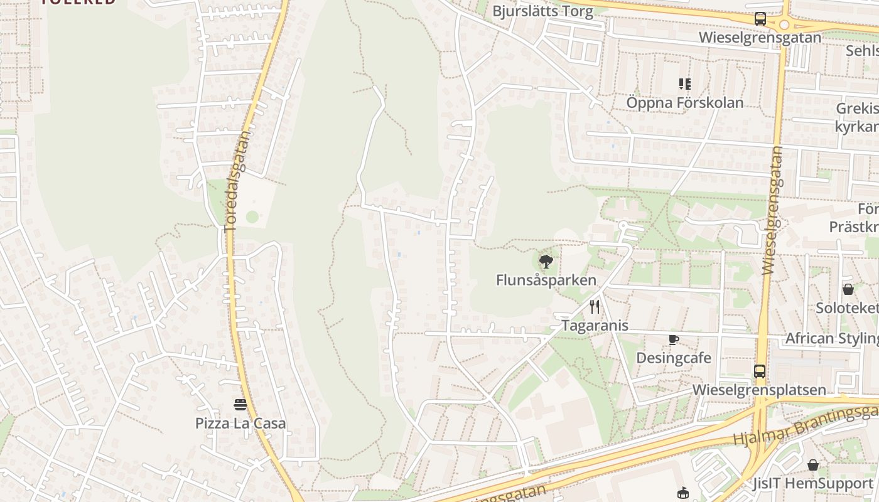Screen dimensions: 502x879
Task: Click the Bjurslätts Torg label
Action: coord(542,11)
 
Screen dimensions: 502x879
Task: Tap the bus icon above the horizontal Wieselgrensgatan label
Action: coord(760,19)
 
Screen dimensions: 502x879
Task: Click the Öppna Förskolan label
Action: coord(684,102)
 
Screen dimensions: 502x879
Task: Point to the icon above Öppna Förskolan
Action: coord(684,83)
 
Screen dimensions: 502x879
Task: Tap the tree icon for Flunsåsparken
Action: coord(546,262)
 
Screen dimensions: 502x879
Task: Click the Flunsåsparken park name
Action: coord(546,280)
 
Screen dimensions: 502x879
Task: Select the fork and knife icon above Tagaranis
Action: coord(595,307)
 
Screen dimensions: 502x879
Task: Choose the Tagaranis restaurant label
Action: coord(595,326)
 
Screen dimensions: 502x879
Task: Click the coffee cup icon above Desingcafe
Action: coord(674,340)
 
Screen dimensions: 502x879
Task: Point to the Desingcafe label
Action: coord(674,358)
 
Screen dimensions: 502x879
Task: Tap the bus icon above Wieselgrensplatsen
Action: coord(760,371)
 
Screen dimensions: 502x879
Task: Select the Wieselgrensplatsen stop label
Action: coord(759,390)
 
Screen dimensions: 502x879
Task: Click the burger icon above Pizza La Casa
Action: coord(240,405)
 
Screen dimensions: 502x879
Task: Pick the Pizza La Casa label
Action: coord(240,423)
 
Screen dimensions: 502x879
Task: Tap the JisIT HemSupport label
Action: coord(813,484)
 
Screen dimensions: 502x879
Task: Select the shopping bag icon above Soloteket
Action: coord(848,289)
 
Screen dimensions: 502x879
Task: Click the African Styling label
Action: coord(832,339)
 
